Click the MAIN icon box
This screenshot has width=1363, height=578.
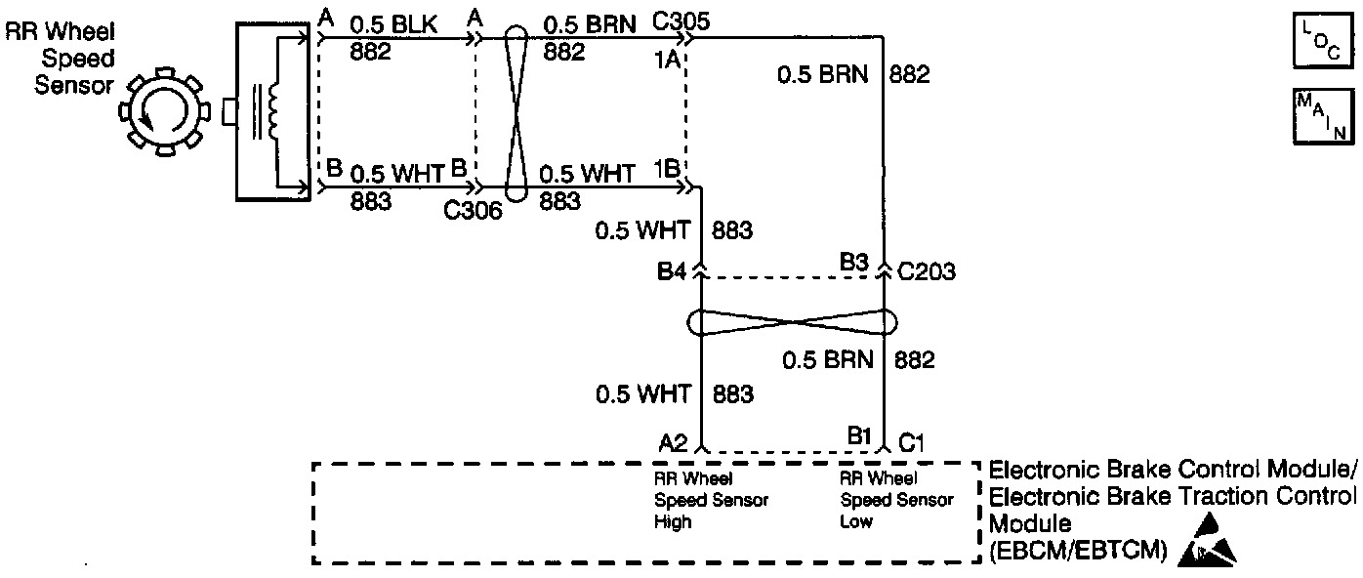click(1321, 116)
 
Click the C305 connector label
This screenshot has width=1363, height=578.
click(684, 19)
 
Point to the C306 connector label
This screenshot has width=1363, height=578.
click(473, 208)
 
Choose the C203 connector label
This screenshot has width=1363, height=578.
click(928, 271)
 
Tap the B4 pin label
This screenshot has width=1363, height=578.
click(673, 271)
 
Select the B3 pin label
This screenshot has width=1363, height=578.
click(856, 261)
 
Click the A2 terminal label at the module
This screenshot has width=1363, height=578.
click(675, 442)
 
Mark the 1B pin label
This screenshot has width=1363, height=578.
click(667, 168)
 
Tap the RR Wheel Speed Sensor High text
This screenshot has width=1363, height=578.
click(711, 500)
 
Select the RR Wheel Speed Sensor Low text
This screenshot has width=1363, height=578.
click(896, 500)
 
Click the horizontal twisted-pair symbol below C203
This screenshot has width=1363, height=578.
click(792, 322)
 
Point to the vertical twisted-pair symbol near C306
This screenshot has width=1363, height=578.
click(517, 113)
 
